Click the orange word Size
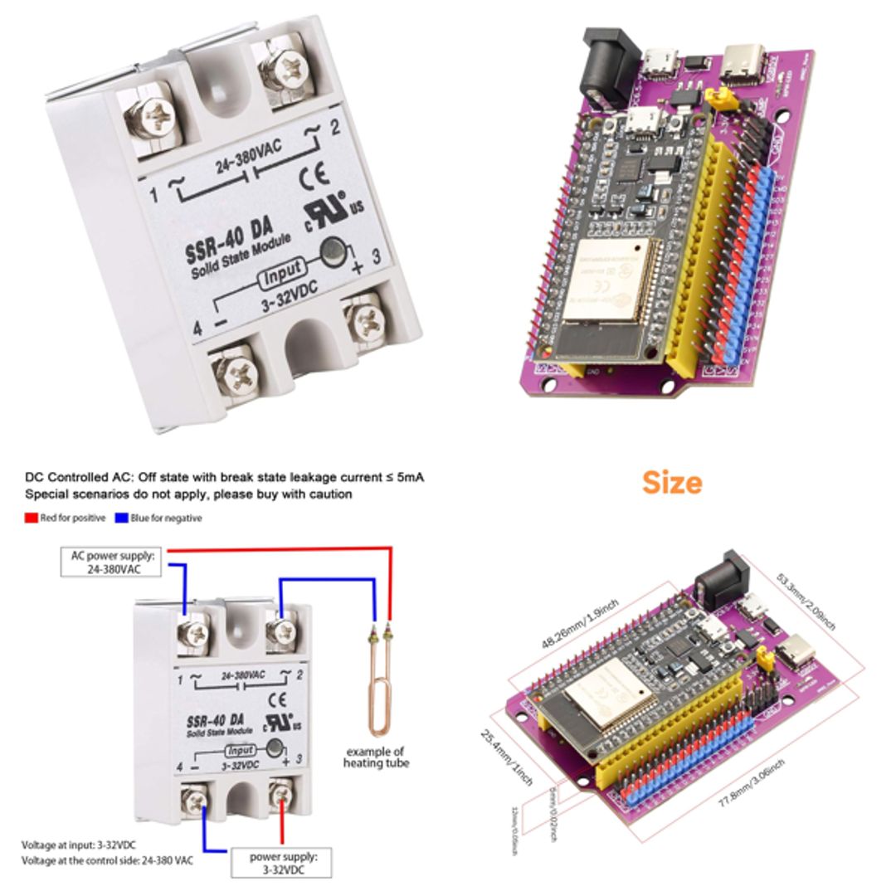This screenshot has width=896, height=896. (672, 483)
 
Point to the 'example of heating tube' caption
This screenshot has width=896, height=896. (376, 757)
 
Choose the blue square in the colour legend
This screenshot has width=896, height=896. (121, 518)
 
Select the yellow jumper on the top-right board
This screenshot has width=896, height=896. (721, 103)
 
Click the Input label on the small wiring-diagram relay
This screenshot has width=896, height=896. (241, 750)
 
